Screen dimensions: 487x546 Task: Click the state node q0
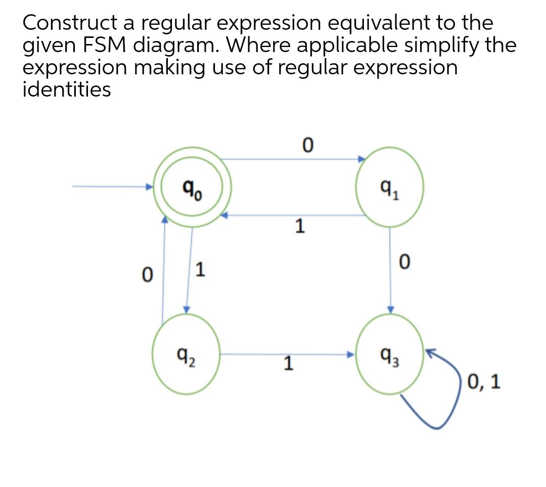tap(193, 187)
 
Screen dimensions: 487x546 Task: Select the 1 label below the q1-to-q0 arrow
tap(300, 226)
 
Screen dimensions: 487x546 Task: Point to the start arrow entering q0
tap(111, 187)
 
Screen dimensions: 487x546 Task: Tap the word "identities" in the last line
tap(67, 90)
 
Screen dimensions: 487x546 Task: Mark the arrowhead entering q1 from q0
tap(361, 159)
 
